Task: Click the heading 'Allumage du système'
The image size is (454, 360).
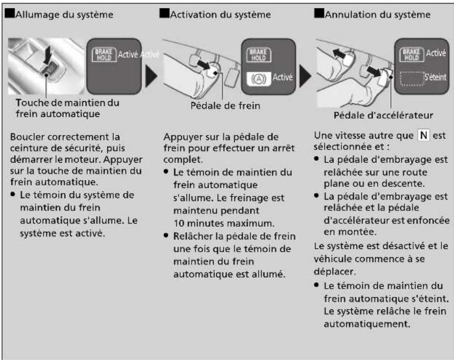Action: [64, 15]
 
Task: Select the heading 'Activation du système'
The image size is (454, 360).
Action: [220, 15]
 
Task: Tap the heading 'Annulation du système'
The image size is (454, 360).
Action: [378, 15]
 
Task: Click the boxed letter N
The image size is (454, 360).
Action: [424, 135]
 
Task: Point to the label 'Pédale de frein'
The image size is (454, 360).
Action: [225, 105]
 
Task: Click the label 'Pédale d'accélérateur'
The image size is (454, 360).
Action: [383, 115]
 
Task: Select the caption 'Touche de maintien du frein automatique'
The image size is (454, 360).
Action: [68, 108]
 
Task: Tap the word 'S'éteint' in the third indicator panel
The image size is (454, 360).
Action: [435, 77]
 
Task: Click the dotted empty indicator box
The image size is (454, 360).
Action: [412, 79]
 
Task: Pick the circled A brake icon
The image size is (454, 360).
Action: [259, 79]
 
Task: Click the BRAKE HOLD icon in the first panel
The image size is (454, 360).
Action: [104, 54]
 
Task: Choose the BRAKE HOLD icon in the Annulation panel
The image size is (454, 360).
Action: [412, 54]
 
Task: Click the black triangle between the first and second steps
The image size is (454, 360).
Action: [151, 76]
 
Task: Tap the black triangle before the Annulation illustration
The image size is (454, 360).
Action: [305, 76]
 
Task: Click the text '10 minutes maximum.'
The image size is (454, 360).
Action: [224, 223]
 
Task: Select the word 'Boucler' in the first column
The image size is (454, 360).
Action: [28, 136]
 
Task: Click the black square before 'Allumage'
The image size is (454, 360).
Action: [10, 13]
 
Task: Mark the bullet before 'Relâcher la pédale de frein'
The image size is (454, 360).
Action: [166, 235]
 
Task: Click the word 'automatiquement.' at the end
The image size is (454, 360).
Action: [367, 324]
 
